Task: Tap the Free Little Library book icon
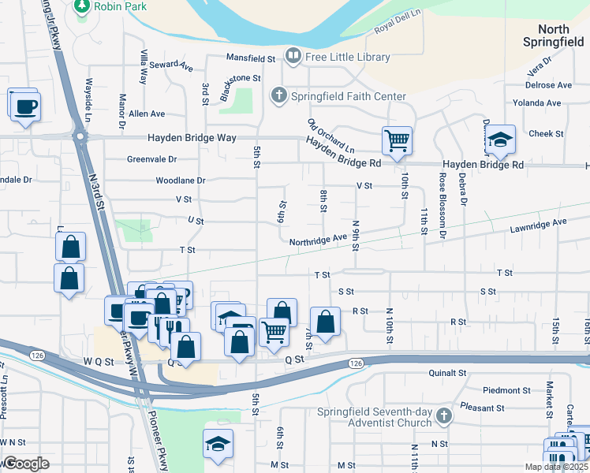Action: pyautogui.click(x=293, y=56)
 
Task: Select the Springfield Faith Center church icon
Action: pyautogui.click(x=278, y=96)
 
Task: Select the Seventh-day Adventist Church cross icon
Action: pyautogui.click(x=444, y=415)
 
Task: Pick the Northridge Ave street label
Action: pyautogui.click(x=318, y=240)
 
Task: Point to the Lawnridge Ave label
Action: pyautogui.click(x=539, y=223)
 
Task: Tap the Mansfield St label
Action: pyautogui.click(x=250, y=58)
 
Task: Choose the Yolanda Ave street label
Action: pyautogui.click(x=536, y=102)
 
